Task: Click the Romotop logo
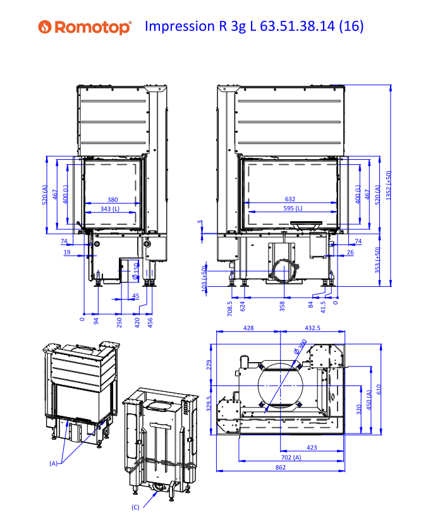[x=85, y=27]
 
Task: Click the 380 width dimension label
[x=113, y=200]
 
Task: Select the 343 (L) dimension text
[x=110, y=209]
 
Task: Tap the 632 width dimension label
[x=290, y=199]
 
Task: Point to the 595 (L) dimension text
[x=293, y=209]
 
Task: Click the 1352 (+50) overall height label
[x=389, y=185]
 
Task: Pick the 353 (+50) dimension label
[x=377, y=260]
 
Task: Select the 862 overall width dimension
[x=281, y=467]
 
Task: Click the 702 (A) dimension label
[x=291, y=457]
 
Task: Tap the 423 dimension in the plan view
[x=312, y=447]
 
